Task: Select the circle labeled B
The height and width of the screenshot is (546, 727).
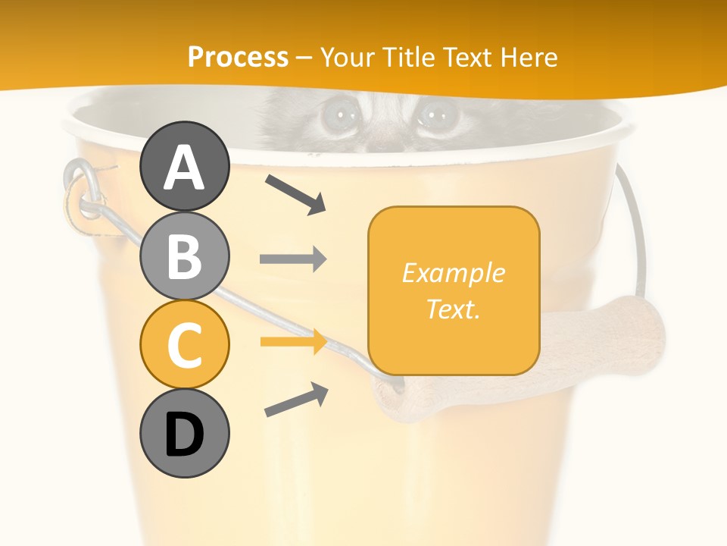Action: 185,256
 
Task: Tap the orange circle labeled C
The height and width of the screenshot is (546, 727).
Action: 185,345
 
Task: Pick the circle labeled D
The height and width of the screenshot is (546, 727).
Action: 185,434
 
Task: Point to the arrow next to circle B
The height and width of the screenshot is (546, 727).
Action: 293,259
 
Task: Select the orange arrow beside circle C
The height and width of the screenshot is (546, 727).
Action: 293,342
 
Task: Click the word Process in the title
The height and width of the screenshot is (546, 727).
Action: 238,57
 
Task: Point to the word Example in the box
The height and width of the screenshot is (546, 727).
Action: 453,273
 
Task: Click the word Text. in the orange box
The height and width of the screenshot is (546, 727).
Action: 453,309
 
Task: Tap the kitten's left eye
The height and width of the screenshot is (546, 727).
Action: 338,116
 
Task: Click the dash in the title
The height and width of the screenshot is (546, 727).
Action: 304,58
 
